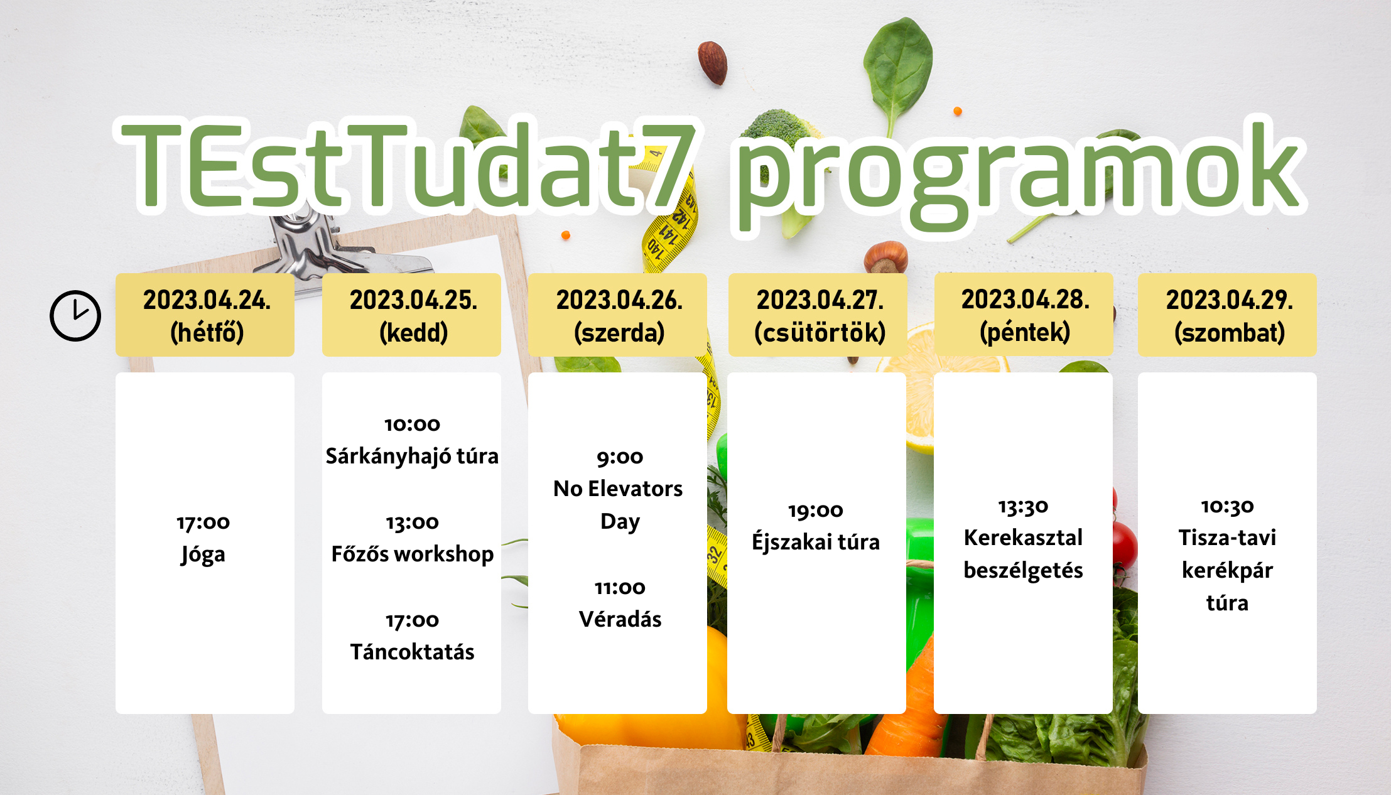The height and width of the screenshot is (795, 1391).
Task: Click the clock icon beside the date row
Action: click(75, 315)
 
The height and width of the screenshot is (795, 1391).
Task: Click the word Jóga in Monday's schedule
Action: click(203, 554)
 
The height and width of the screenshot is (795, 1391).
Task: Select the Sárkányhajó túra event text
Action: click(412, 457)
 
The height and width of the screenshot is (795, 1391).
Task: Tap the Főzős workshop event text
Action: click(413, 554)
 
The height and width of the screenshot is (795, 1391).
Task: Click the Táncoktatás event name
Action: click(412, 652)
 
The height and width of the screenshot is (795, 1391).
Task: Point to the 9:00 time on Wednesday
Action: click(620, 457)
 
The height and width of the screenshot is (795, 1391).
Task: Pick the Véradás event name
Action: click(620, 619)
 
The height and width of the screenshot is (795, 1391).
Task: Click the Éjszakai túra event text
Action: click(816, 541)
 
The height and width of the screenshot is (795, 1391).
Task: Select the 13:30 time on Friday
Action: click(1024, 506)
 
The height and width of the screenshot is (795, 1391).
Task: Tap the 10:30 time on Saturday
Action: click(1228, 506)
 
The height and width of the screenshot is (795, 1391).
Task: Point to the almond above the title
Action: click(713, 62)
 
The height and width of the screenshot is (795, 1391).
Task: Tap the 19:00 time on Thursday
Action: click(816, 511)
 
